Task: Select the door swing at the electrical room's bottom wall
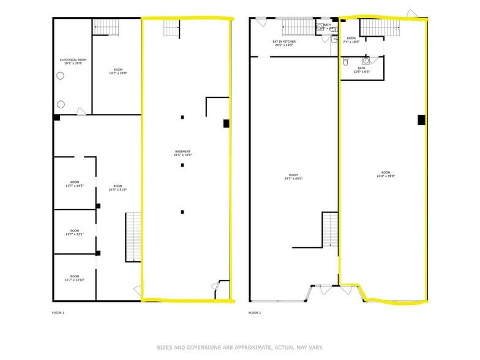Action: tap(80, 111)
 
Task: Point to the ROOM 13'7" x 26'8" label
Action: tap(118, 71)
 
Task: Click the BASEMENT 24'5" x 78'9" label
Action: tap(182, 153)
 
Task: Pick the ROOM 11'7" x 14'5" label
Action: tap(74, 184)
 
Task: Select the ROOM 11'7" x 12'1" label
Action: tap(74, 233)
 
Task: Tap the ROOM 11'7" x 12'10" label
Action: tap(74, 278)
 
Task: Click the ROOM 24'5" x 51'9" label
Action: tap(118, 187)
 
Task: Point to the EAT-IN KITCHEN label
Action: tap(284, 43)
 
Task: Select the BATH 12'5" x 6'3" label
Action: tap(361, 70)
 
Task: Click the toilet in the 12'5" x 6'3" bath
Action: tap(347, 62)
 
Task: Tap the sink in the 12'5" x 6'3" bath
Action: tap(366, 61)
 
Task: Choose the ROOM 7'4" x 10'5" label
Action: tap(351, 40)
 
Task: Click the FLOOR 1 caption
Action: tap(58, 313)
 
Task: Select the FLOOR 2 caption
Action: tap(255, 313)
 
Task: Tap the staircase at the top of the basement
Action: tap(172, 28)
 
